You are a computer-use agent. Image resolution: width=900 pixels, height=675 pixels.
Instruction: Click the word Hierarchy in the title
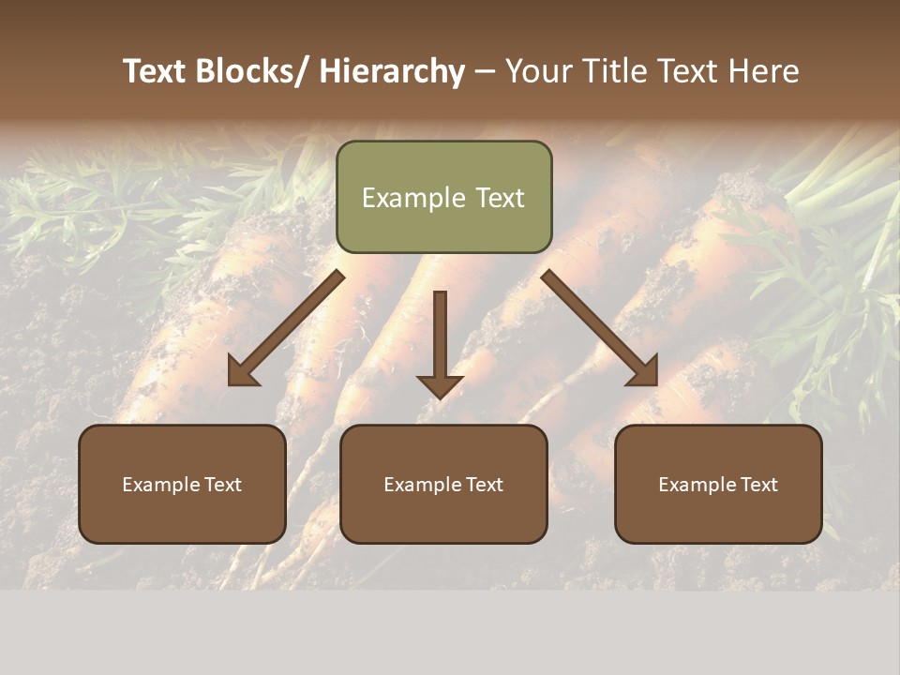pyautogui.click(x=392, y=71)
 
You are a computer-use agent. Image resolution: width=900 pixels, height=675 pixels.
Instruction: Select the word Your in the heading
pyautogui.click(x=537, y=71)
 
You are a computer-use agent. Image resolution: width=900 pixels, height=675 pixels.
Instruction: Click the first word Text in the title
pyautogui.click(x=155, y=71)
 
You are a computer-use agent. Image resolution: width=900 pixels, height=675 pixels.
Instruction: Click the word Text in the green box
pyautogui.click(x=499, y=199)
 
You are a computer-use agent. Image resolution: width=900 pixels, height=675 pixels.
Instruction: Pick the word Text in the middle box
pyautogui.click(x=484, y=485)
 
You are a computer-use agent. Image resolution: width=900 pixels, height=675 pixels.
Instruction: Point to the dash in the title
pyautogui.click(x=485, y=71)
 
